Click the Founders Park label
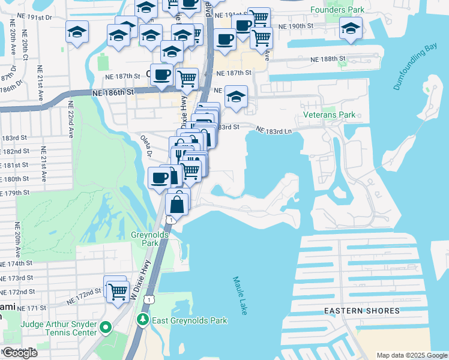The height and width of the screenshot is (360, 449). [338, 10]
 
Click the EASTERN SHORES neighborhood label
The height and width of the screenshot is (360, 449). [361, 311]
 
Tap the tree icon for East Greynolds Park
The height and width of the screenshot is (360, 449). [143, 320]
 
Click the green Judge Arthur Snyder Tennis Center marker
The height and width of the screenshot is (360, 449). [106, 328]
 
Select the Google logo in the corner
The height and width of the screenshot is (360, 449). [20, 353]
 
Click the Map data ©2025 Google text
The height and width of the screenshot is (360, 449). [411, 355]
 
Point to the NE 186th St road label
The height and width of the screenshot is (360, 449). [113, 93]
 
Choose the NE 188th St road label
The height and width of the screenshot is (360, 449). [328, 59]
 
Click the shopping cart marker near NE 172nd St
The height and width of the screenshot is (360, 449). [118, 292]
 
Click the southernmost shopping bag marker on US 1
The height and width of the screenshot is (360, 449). [178, 204]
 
